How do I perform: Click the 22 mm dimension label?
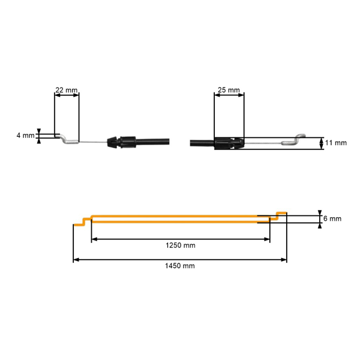[x=66, y=90]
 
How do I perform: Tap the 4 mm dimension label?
[x=26, y=136]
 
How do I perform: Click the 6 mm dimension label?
[x=332, y=219]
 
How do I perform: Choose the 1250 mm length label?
[x=180, y=245]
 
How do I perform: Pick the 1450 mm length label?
[x=179, y=266]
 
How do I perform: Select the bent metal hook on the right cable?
[x=295, y=140]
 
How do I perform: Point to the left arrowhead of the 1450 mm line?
[x=76, y=260]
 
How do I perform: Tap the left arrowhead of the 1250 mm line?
[x=95, y=239]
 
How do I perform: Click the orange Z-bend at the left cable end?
[x=82, y=221]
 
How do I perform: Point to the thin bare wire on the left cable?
[x=93, y=142]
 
